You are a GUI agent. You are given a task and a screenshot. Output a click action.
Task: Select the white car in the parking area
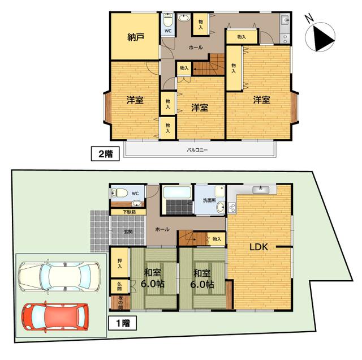pyautogui.click(x=59, y=276)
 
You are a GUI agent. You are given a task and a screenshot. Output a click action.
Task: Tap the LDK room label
pyautogui.click(x=258, y=247)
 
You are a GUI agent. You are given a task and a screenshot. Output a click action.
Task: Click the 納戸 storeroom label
pyautogui.click(x=136, y=37)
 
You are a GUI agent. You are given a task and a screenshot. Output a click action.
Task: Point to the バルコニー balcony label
pyautogui.click(x=197, y=150)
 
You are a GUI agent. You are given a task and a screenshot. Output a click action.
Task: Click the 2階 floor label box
pyautogui.click(x=105, y=153)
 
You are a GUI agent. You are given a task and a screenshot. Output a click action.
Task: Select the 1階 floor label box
pyautogui.click(x=123, y=323)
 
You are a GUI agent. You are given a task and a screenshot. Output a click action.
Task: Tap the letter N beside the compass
pyautogui.click(x=309, y=18)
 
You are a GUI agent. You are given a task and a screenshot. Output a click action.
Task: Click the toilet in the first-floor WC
pyautogui.click(x=120, y=193)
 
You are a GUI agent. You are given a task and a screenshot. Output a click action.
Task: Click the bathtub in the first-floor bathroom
pyautogui.click(x=177, y=192)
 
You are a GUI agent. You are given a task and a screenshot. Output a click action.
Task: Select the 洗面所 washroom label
pyautogui.click(x=209, y=200)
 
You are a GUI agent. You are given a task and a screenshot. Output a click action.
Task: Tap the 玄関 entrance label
pyautogui.click(x=128, y=232)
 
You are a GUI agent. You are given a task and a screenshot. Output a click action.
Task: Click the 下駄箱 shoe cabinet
pyautogui.click(x=128, y=212)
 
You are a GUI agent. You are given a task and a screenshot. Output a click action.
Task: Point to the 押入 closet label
pyautogui.click(x=119, y=263)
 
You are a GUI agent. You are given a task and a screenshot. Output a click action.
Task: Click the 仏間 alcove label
pyautogui.click(x=119, y=286)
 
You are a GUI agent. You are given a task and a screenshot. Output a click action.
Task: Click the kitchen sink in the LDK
pyautogui.click(x=261, y=190)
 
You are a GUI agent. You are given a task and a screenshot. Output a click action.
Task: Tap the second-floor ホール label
pyautogui.click(x=196, y=48)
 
